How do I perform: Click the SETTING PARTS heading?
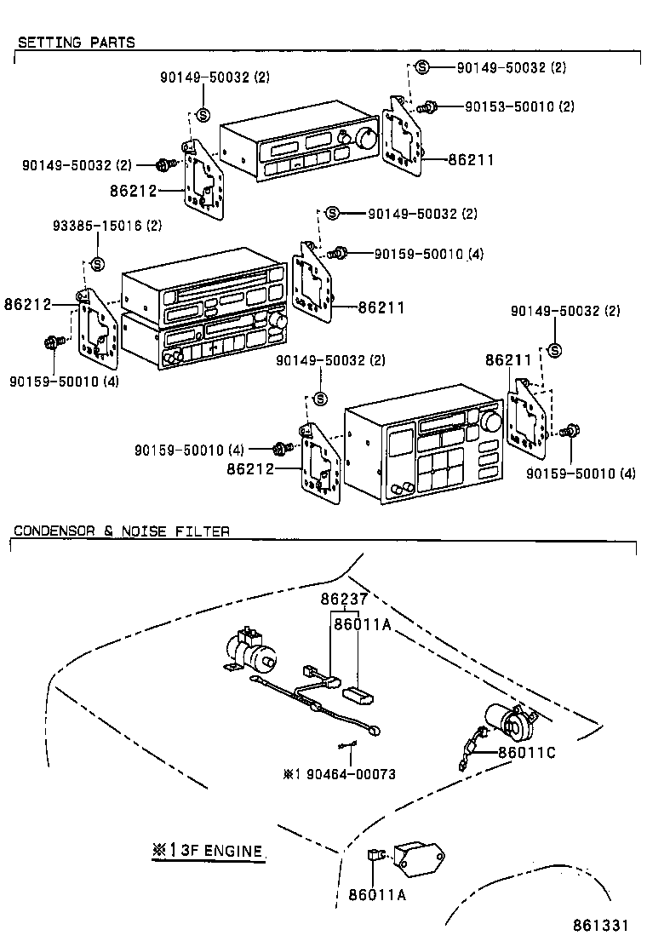tap(76, 42)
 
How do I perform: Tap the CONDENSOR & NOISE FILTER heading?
tap(121, 531)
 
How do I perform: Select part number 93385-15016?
tap(106, 226)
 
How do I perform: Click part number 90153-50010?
tap(519, 106)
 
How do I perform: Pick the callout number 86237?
tap(344, 600)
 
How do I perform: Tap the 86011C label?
tap(527, 752)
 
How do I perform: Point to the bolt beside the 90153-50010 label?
tap(428, 107)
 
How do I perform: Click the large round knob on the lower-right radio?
tap(490, 422)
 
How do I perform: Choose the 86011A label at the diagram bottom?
tap(377, 895)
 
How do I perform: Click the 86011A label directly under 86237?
tap(362, 625)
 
